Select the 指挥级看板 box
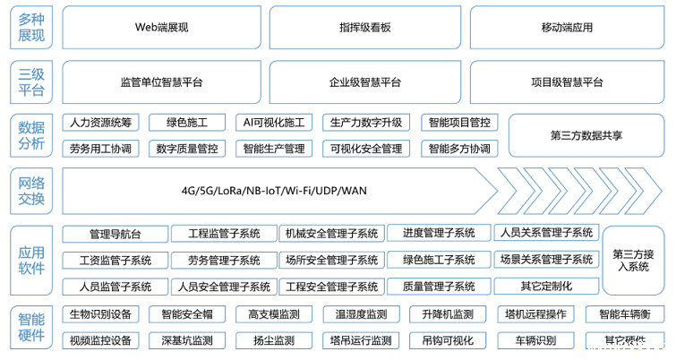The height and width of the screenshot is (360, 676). point(365,28)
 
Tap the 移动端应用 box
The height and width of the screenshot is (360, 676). point(567,28)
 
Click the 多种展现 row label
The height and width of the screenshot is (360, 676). point(30,28)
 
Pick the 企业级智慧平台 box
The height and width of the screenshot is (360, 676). point(365,82)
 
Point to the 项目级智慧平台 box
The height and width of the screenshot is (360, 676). point(567,82)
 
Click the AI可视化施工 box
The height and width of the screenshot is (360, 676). point(273,123)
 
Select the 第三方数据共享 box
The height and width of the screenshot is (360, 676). point(586,135)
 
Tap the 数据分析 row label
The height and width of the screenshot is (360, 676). point(30,135)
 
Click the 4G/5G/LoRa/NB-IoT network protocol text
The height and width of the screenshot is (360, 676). point(273,190)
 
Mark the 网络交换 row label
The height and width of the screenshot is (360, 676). point(30,190)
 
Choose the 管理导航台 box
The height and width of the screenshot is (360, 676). point(115,234)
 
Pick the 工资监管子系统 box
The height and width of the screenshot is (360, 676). point(115,261)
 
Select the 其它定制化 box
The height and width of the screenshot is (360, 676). point(545,287)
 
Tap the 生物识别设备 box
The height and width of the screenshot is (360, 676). point(99,315)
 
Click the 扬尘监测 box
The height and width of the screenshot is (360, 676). point(273,341)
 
